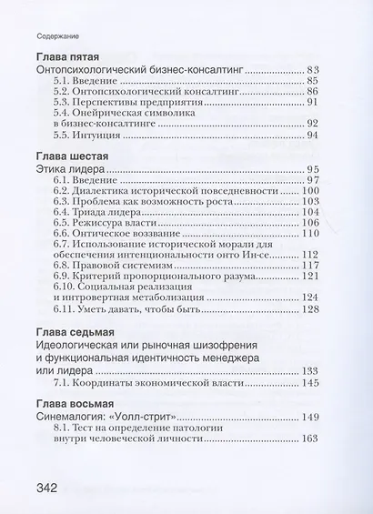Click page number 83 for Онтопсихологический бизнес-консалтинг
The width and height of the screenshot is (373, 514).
[315, 69]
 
